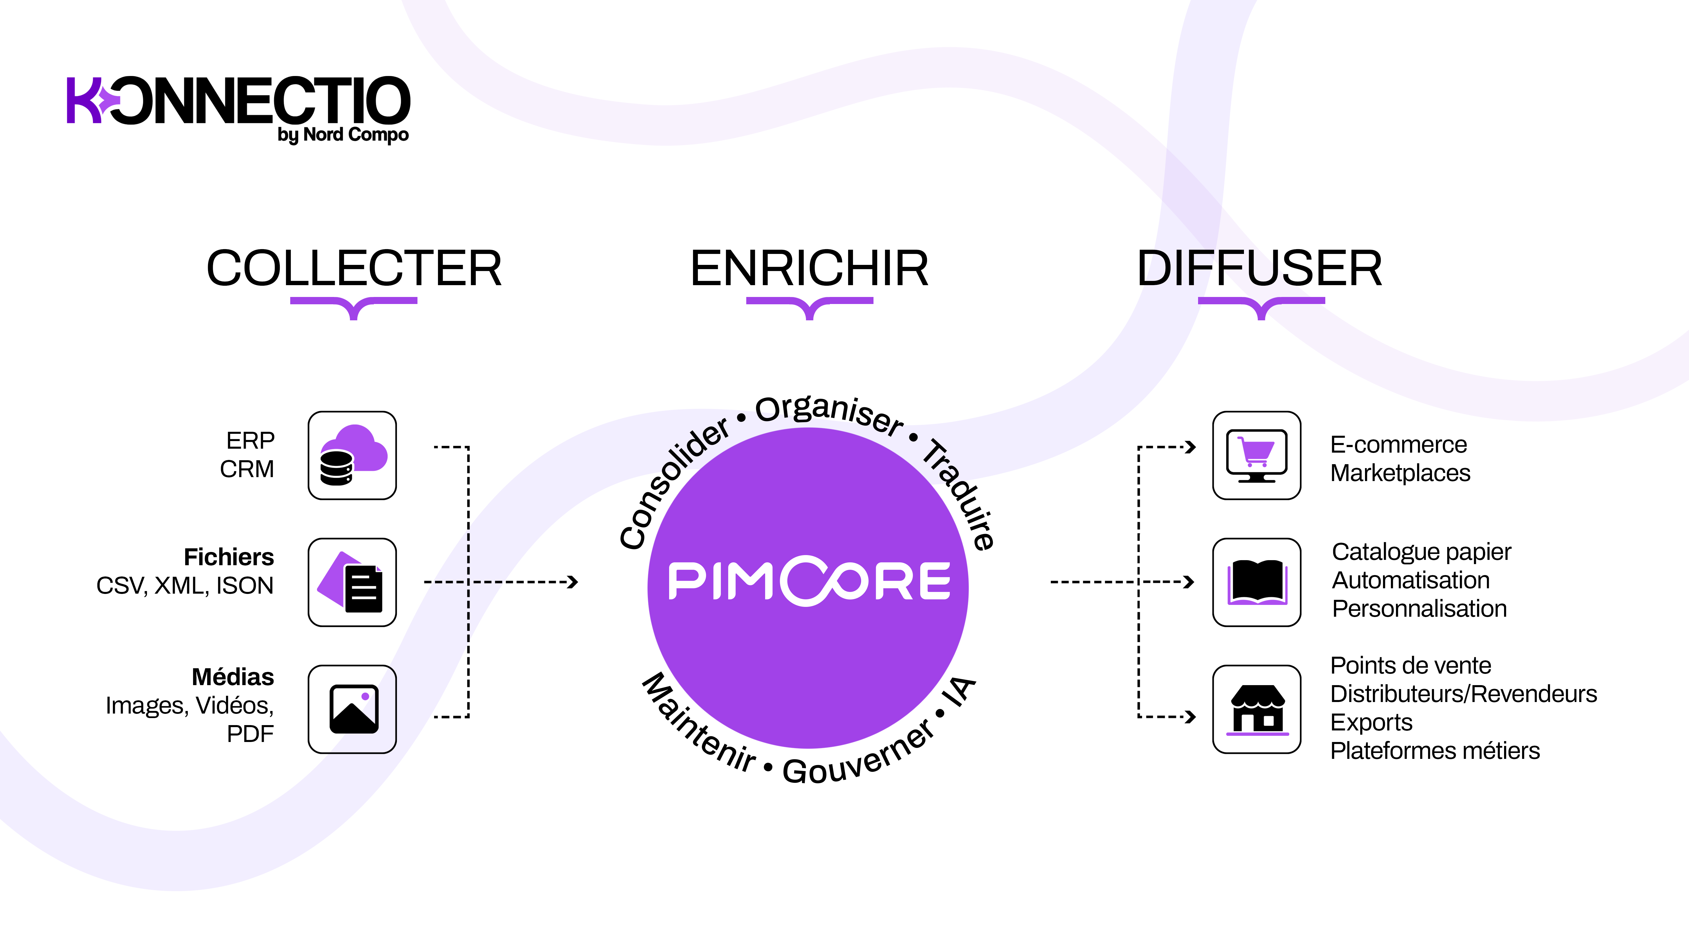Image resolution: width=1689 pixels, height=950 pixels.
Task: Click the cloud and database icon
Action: pos(352,456)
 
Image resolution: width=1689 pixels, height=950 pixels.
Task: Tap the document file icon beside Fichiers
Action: pos(352,582)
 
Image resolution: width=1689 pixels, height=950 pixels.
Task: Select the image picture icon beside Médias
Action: pos(352,709)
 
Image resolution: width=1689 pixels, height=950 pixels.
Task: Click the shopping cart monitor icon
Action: pos(1256,456)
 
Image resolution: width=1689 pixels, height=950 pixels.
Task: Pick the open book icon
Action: pos(1256,582)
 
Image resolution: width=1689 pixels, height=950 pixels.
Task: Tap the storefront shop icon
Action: pos(1256,709)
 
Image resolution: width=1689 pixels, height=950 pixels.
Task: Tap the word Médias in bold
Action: pos(233,677)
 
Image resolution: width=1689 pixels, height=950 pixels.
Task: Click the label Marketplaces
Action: pos(1400,473)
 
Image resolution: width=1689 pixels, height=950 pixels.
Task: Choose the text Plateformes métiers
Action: pos(1435,751)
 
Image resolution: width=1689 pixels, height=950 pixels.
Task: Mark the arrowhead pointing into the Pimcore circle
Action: pos(573,582)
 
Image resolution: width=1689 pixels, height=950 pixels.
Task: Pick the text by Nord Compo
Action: pos(343,135)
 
